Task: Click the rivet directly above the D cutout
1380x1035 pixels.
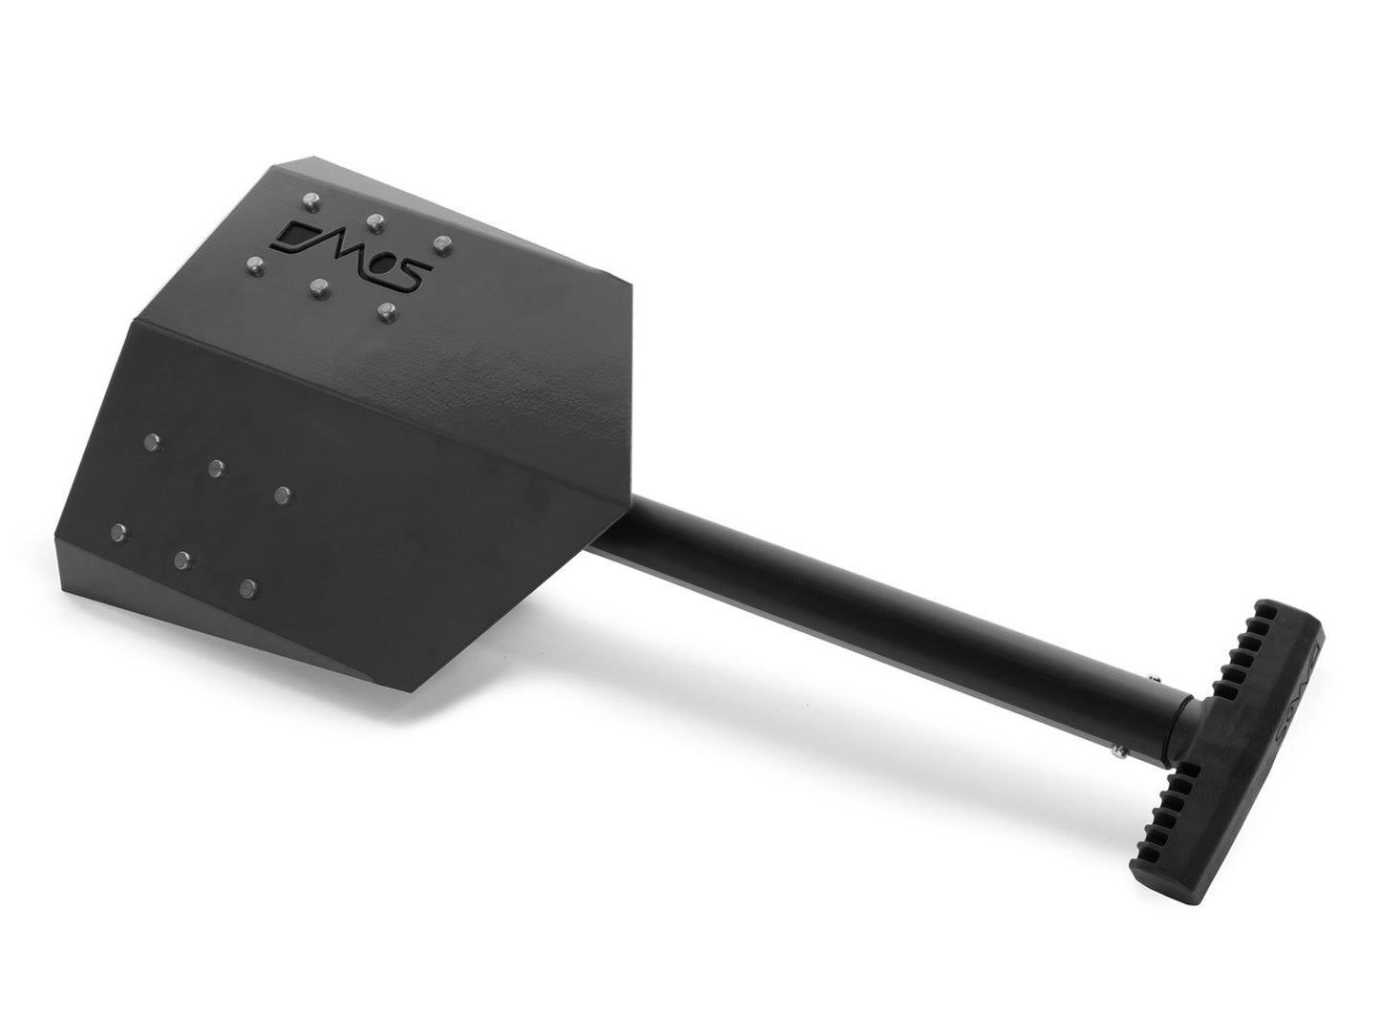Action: point(309,201)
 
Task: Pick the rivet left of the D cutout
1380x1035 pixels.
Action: point(254,263)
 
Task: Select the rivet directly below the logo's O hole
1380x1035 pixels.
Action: point(385,310)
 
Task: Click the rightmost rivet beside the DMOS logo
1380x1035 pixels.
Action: point(441,244)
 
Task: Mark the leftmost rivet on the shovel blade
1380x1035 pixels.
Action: point(119,531)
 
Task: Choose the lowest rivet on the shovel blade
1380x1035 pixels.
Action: point(248,586)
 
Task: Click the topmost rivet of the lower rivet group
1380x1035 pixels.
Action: point(151,440)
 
